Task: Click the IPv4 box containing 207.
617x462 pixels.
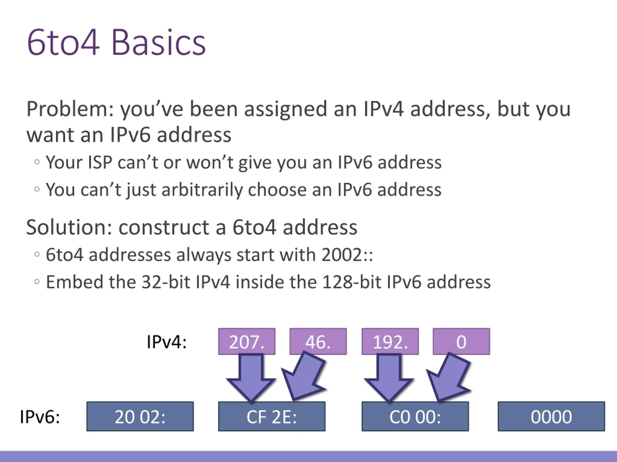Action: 247,341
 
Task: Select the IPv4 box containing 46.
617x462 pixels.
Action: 318,341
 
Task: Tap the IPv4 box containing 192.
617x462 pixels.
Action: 390,341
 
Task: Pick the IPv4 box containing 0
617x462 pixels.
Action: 461,341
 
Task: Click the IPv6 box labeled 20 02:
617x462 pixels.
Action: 140,417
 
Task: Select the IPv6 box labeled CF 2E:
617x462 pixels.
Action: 272,417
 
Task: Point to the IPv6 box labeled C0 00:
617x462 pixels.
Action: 415,417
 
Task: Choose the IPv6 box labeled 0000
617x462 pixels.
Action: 551,417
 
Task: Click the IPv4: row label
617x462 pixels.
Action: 167,342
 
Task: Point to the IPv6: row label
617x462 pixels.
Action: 40,417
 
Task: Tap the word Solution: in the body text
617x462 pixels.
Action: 69,227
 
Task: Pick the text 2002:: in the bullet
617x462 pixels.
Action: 347,255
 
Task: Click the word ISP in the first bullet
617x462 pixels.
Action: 100,162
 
